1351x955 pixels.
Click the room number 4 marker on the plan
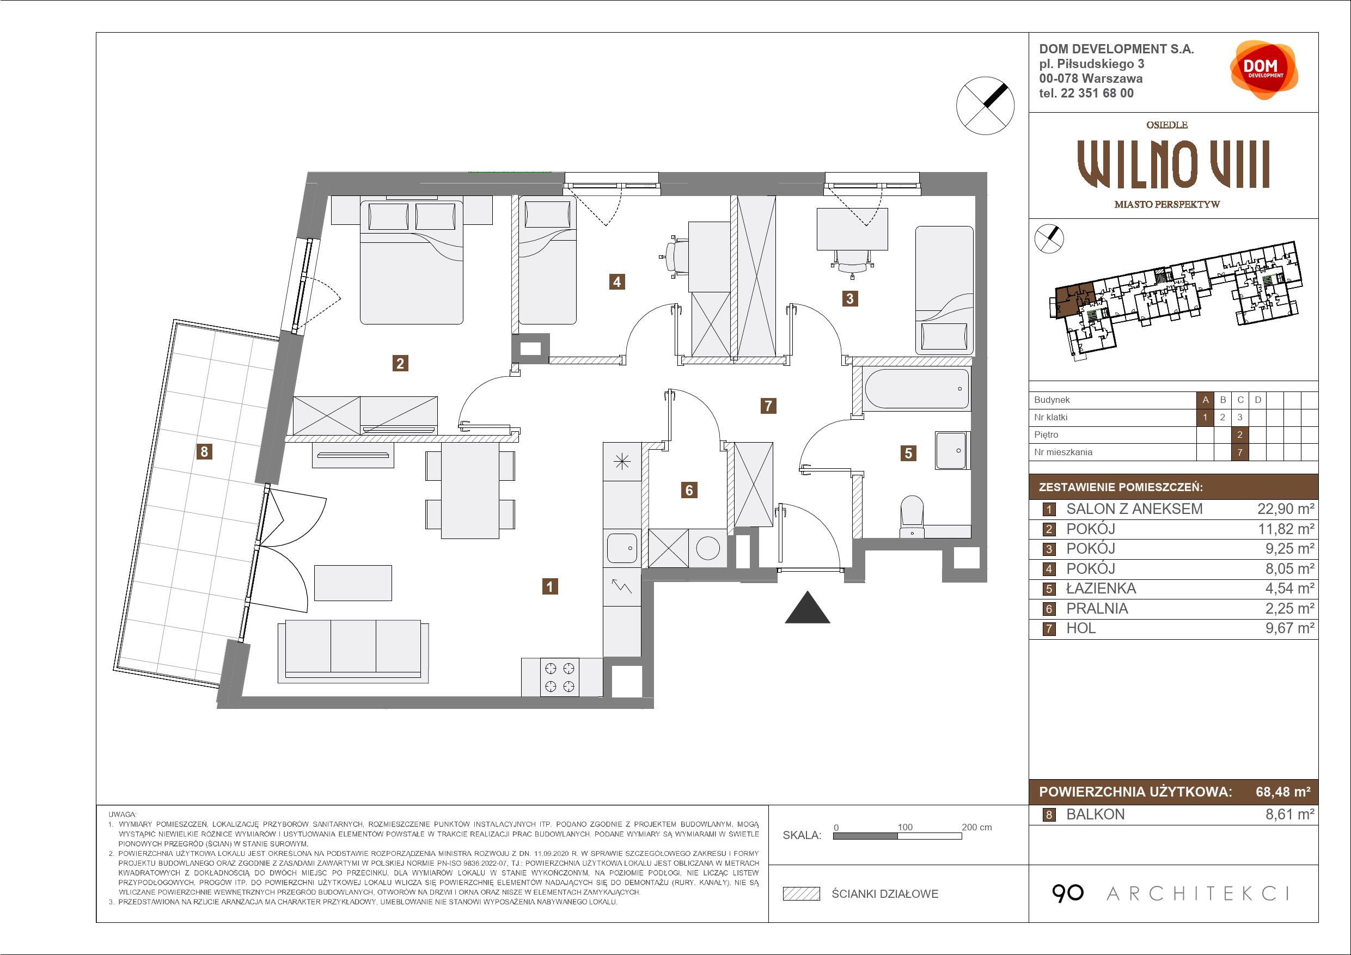pyautogui.click(x=616, y=282)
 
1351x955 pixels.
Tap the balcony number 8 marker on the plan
pyautogui.click(x=204, y=451)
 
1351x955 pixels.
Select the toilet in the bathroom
pyautogui.click(x=912, y=517)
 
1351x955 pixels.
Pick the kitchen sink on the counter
pyautogui.click(x=622, y=548)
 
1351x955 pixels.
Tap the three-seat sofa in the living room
pyautogui.click(x=353, y=651)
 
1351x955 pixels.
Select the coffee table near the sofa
pyautogui.click(x=353, y=583)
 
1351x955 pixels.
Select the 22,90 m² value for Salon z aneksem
pyautogui.click(x=1286, y=509)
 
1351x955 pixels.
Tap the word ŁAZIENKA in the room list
pyautogui.click(x=1101, y=589)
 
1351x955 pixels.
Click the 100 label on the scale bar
pyautogui.click(x=905, y=827)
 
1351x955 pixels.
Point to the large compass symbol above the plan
pyautogui.click(x=985, y=106)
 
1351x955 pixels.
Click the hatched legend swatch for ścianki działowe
pyautogui.click(x=802, y=894)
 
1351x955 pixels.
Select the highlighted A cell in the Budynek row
pyautogui.click(x=1205, y=400)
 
